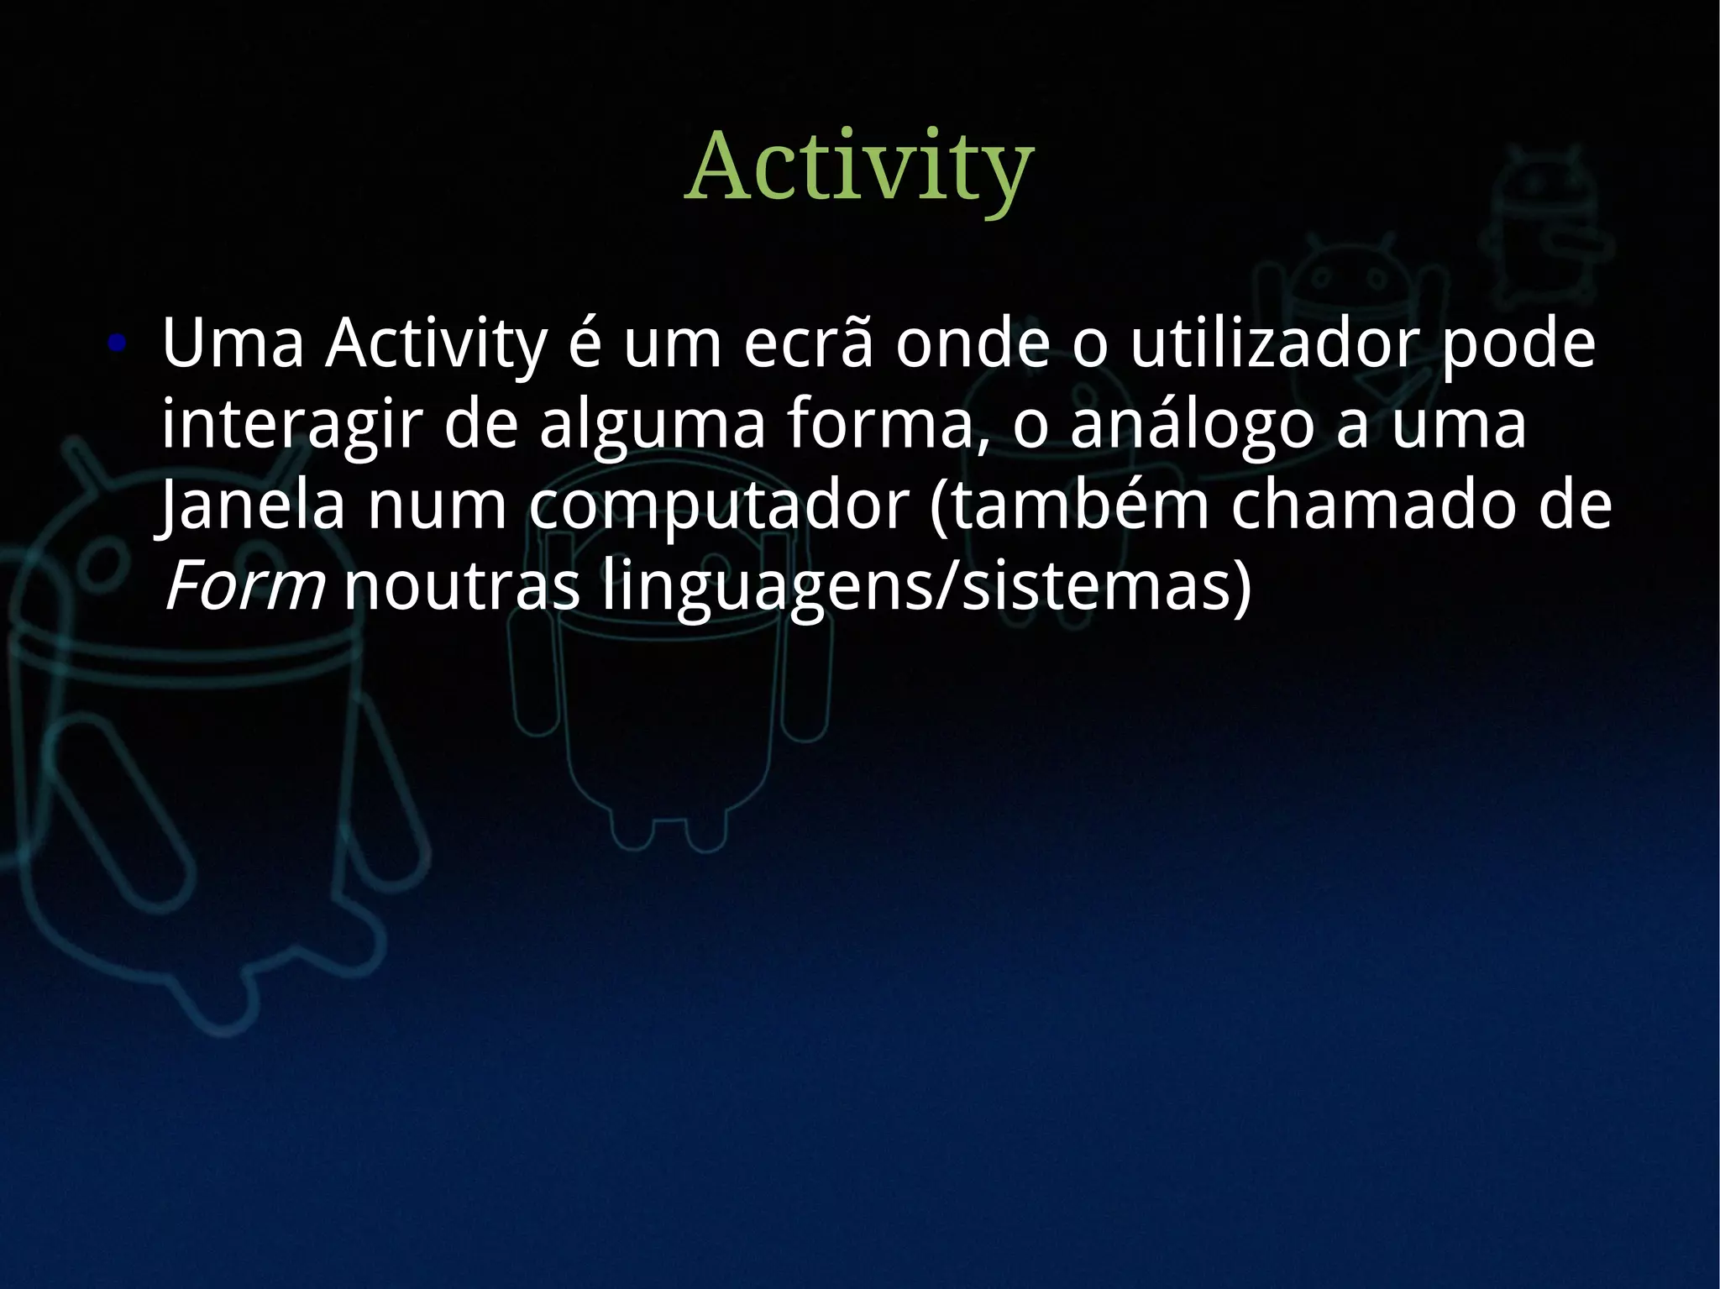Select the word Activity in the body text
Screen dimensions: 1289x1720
click(x=436, y=344)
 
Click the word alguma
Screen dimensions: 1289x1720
click(x=652, y=425)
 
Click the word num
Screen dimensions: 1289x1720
click(x=437, y=506)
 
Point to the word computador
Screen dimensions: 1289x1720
click(x=719, y=506)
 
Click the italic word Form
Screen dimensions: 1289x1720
click(x=244, y=586)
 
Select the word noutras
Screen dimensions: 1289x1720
click(x=462, y=586)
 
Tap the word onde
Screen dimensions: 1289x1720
click(x=972, y=344)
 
